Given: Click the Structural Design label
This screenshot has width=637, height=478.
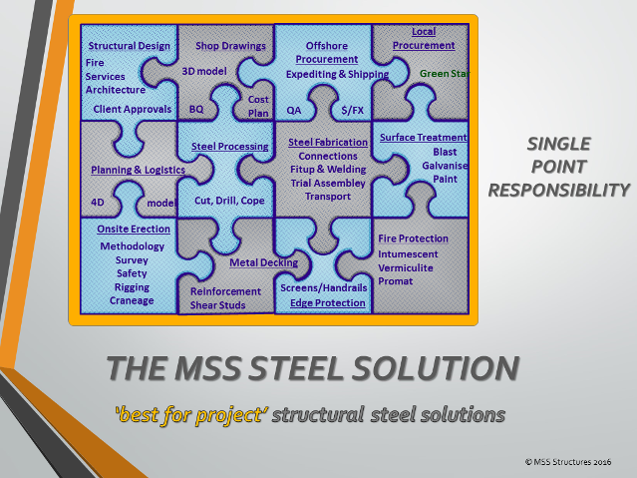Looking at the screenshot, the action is point(130,46).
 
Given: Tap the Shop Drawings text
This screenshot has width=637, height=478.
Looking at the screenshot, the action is point(230,46).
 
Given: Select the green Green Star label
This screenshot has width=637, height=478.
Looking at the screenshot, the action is point(445,74).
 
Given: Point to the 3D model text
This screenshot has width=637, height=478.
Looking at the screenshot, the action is point(204,71).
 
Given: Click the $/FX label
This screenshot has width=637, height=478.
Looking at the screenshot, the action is point(352,110).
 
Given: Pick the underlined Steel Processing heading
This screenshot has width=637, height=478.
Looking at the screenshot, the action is point(230,147).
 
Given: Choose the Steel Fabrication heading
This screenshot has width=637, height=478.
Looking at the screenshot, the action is point(328,143).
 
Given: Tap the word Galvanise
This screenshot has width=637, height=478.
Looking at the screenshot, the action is point(445,166).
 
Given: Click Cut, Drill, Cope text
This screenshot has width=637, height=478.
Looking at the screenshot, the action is point(229,201).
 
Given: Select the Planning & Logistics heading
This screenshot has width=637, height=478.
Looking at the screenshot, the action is point(139,170).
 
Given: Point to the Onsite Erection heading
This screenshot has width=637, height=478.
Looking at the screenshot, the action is point(134,230).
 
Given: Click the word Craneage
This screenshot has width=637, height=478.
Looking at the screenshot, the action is point(132,300).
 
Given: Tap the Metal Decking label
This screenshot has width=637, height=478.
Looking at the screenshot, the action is point(263,262).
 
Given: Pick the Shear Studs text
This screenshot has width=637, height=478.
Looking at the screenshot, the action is point(217,305).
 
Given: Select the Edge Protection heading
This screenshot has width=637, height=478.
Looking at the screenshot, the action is point(328,303).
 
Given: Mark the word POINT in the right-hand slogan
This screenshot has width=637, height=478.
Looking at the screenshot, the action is point(558,167).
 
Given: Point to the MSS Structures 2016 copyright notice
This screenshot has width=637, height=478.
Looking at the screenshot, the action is point(568,462).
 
